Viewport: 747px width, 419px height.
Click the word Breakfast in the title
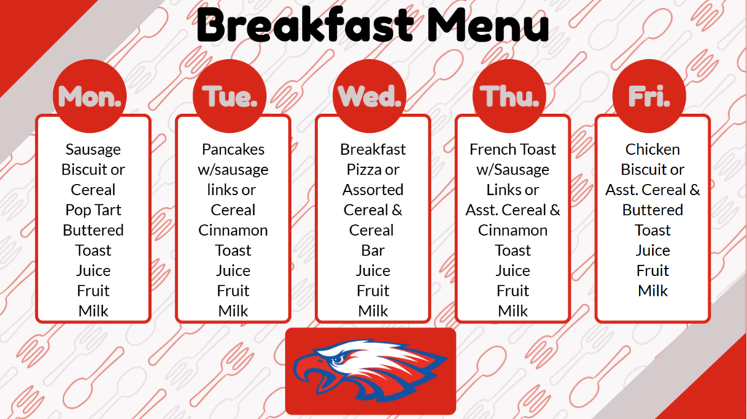(x=306, y=26)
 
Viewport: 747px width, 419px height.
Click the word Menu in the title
(x=487, y=26)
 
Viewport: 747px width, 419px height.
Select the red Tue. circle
(x=230, y=96)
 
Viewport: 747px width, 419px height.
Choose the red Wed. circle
(x=370, y=96)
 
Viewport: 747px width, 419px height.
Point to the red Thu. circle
(x=510, y=96)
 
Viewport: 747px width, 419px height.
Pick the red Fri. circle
(x=649, y=96)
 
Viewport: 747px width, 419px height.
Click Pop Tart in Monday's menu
(x=93, y=210)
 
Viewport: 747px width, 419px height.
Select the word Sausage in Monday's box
(x=93, y=150)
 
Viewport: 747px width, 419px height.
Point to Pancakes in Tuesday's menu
(x=233, y=150)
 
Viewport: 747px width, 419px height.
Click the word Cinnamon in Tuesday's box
(x=233, y=230)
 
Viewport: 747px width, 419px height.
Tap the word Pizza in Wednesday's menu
(x=363, y=170)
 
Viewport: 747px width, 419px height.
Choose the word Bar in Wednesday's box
(x=373, y=250)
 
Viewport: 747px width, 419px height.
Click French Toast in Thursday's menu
(x=513, y=150)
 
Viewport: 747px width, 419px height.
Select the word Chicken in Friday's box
(x=653, y=150)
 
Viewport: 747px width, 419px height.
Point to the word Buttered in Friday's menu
(x=653, y=210)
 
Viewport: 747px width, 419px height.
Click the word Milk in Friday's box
(x=653, y=291)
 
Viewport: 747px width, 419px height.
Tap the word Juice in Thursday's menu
(x=513, y=271)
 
